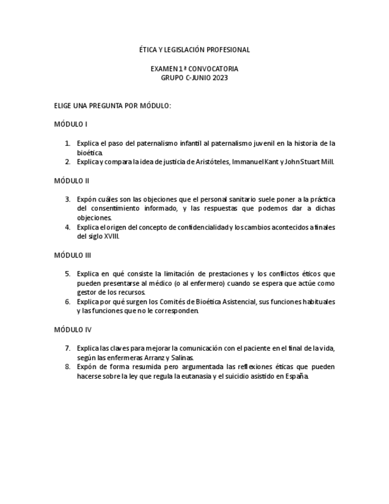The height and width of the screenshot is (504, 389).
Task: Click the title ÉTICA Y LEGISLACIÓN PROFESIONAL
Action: click(194, 50)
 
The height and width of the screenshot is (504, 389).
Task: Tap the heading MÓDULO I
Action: click(71, 124)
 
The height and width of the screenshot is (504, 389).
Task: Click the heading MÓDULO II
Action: click(71, 181)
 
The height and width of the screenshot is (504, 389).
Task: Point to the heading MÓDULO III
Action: click(72, 255)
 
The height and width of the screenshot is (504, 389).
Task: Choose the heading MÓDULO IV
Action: click(72, 329)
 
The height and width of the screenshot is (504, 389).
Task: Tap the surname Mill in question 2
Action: click(327, 162)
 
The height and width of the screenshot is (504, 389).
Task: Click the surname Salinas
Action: click(182, 357)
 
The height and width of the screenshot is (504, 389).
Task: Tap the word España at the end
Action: click(297, 376)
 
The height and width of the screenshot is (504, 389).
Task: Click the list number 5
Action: click(68, 273)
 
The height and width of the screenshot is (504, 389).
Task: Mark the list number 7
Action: click(68, 348)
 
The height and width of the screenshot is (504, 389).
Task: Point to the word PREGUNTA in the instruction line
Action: click(106, 106)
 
